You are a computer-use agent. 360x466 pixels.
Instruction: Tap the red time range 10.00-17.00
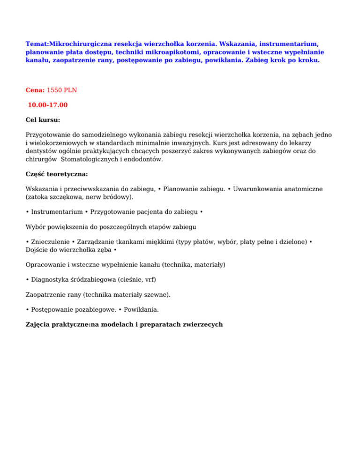pos(48,105)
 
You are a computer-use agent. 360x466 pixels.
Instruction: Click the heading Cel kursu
pos(43,120)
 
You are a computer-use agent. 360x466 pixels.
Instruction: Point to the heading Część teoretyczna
pos(57,174)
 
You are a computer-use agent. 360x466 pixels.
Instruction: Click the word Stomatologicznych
pos(97,159)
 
